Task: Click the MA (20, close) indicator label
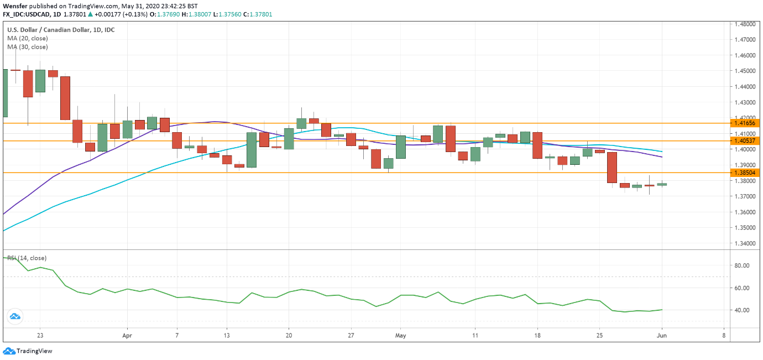[28, 39]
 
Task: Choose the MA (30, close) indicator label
[28, 48]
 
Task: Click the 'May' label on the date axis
[401, 336]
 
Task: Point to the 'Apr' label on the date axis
[127, 336]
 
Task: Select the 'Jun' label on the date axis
[661, 336]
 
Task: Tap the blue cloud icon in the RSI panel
[14, 316]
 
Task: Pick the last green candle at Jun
[662, 184]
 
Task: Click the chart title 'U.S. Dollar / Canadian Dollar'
[47, 30]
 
